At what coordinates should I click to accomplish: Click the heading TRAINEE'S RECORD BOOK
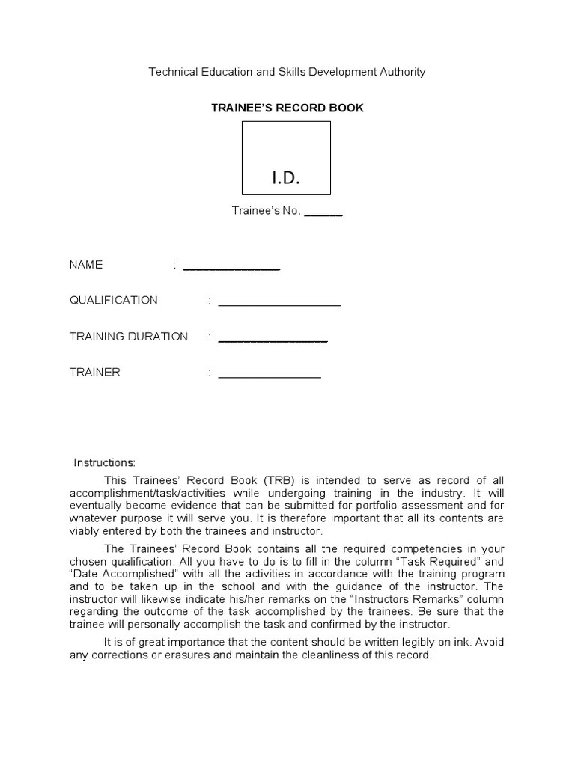tap(287, 108)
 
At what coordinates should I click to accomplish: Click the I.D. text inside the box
tap(286, 177)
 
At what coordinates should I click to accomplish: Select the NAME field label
tap(86, 265)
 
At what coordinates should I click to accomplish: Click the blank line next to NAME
tap(231, 268)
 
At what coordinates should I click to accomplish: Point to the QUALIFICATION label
tap(114, 301)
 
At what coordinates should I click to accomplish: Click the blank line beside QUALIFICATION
tap(279, 304)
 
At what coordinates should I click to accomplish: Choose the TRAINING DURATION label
tap(129, 337)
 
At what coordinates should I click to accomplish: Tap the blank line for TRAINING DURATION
tap(273, 340)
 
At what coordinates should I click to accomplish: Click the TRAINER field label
tap(95, 373)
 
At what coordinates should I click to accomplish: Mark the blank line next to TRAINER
tap(270, 376)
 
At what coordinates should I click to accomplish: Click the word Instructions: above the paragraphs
tap(104, 463)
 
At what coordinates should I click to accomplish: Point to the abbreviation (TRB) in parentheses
tap(271, 480)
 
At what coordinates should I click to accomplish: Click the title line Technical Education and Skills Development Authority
tap(287, 72)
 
